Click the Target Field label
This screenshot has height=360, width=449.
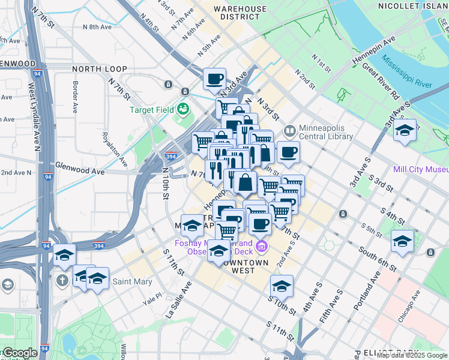(x=151, y=110)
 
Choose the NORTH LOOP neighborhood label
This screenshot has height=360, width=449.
(x=99, y=69)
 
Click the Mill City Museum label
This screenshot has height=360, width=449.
(x=421, y=169)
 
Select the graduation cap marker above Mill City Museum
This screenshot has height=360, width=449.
(x=405, y=130)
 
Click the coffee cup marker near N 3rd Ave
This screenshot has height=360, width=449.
(x=214, y=78)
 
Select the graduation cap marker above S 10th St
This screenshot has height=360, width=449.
(x=281, y=286)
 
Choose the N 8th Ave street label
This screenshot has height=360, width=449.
(x=97, y=27)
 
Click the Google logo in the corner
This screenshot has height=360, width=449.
(x=20, y=353)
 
